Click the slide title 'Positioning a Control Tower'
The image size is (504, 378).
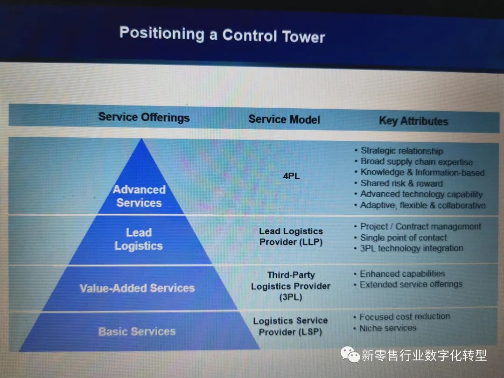pos(222,35)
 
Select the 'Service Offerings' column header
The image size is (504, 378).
pos(144,117)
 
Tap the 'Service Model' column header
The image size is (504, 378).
pos(284,119)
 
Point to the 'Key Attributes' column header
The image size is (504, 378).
pos(413,121)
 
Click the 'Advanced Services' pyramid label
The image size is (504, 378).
pos(139,196)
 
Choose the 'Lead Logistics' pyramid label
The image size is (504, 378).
pos(139,239)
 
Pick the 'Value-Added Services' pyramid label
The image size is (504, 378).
pos(137,288)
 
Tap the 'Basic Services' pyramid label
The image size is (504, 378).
pos(137,331)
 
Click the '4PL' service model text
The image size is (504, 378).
pos(291,176)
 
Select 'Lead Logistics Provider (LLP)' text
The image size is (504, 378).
pos(291,237)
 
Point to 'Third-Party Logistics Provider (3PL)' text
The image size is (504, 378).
pos(291,286)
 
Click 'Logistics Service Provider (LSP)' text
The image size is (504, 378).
pos(290,326)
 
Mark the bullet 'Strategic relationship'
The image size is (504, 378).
pos(401,151)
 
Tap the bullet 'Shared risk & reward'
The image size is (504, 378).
pos(401,183)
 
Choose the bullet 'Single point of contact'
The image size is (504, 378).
pos(403,238)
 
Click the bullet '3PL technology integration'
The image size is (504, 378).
pos(411,248)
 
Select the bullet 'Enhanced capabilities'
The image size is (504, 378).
pos(402,273)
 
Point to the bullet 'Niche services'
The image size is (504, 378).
pos(387,328)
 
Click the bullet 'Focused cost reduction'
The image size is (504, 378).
pos(404,316)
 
